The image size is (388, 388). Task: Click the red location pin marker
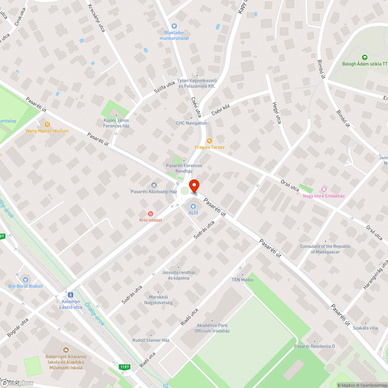click(x=194, y=185)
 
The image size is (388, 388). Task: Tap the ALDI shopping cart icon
click(x=193, y=206)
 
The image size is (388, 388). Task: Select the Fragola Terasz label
click(x=210, y=147)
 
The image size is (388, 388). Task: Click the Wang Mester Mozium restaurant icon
click(x=47, y=125)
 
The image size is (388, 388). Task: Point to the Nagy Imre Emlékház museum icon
click(x=324, y=189)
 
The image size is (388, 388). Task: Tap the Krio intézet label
click(x=151, y=220)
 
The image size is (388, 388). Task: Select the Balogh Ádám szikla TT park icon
click(x=364, y=57)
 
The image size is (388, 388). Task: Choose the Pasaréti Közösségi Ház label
click(x=154, y=192)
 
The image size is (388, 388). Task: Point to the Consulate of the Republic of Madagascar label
click(x=325, y=249)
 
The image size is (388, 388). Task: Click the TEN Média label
click(x=242, y=280)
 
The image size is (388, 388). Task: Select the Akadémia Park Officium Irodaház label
click(x=212, y=328)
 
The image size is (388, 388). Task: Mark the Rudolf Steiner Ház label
click(x=151, y=340)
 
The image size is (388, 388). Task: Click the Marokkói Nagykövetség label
click(x=158, y=300)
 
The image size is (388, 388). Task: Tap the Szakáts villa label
click(x=365, y=328)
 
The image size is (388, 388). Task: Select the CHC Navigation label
click(x=191, y=123)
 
